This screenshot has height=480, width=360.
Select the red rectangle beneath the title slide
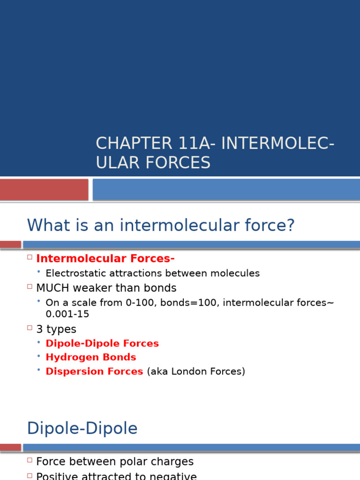(44, 189)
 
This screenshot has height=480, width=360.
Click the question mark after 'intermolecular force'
(290, 225)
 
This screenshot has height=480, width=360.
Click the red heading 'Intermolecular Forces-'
(105, 259)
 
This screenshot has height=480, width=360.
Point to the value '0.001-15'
(67, 314)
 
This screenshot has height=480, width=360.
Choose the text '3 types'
(56, 329)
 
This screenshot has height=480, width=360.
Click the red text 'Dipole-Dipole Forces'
(102, 344)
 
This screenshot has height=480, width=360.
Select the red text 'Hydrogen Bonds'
(91, 357)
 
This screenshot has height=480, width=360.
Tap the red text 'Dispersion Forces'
(94, 371)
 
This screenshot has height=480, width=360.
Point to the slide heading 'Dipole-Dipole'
(82, 428)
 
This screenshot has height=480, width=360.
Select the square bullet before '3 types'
(30, 329)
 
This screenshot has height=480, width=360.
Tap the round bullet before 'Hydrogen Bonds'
(39, 357)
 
